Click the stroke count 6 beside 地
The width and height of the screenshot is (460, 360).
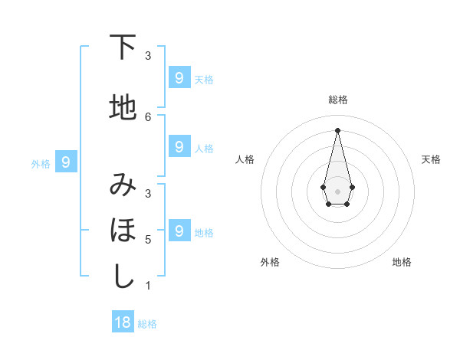148,116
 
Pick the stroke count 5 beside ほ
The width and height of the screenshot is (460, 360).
148,239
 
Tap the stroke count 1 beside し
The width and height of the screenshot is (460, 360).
148,286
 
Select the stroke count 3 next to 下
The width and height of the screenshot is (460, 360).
148,55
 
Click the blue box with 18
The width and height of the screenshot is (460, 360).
123,322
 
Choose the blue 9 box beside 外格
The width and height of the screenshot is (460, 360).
66,162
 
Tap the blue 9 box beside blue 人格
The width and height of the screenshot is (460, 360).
179,146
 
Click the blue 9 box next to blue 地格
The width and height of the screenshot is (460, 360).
179,231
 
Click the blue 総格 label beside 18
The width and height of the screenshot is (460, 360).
147,324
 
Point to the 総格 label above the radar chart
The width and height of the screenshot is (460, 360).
337,100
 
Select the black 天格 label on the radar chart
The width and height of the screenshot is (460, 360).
431,159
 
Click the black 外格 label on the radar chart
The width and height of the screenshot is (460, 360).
270,262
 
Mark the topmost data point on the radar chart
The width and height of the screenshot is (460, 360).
337,130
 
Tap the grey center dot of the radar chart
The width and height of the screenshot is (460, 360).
337,190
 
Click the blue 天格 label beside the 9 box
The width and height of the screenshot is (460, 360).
204,79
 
